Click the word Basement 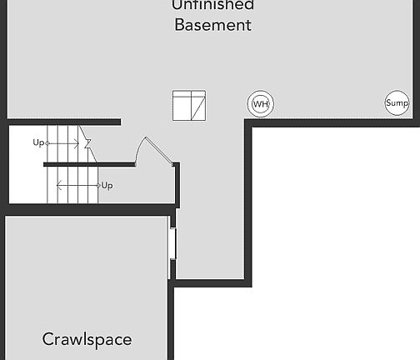[212, 25]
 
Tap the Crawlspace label [87, 340]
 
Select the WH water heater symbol [261, 104]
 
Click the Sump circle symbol [397, 103]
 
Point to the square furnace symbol [188, 105]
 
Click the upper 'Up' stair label [38, 142]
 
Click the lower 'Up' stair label [107, 185]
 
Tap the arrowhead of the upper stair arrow [78, 143]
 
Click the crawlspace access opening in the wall [172, 242]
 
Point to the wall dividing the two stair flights [88, 164]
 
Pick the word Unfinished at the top [212, 5]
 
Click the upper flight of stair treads [62, 143]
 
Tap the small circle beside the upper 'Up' [47, 143]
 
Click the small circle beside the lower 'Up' [97, 185]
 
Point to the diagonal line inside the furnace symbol [197, 107]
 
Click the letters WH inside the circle [261, 104]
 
